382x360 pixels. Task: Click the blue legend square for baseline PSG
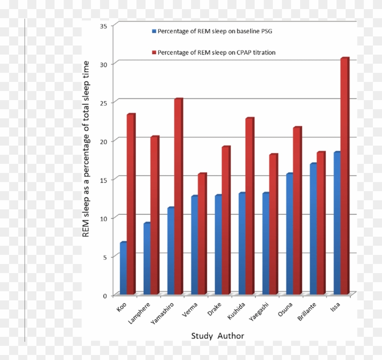click(154, 31)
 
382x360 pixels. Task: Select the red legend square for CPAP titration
click(154, 53)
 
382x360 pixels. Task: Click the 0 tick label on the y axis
click(105, 295)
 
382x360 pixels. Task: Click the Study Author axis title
click(217, 336)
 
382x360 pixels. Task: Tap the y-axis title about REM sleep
click(85, 149)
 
